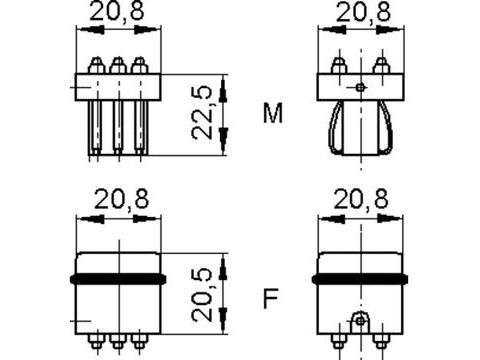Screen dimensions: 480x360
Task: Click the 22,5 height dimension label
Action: point(202,113)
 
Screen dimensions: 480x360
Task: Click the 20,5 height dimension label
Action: point(202,295)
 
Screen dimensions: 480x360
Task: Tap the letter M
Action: point(273,113)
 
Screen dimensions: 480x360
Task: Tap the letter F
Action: point(270,299)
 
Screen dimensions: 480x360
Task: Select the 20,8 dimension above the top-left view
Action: point(117,11)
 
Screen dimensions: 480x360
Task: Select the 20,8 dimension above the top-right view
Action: point(363,12)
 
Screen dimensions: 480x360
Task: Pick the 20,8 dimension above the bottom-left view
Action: point(122,199)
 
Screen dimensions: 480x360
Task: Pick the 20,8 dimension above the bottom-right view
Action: point(361,199)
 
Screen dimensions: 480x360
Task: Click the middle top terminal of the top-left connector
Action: point(118,65)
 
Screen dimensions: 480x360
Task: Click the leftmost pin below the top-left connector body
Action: point(95,128)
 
